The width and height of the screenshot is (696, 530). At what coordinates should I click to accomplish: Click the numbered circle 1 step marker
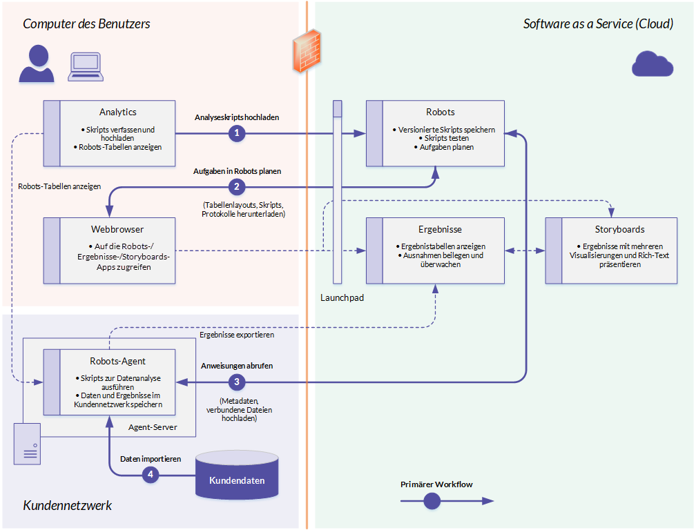point(237,133)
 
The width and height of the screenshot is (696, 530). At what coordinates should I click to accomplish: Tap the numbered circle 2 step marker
point(237,187)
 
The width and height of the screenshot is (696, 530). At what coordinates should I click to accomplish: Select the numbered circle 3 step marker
point(237,382)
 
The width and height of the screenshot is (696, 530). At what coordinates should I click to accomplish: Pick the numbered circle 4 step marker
point(151,475)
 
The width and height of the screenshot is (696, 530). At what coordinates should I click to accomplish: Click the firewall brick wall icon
point(307,51)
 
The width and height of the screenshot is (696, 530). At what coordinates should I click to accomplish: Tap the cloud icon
point(652,64)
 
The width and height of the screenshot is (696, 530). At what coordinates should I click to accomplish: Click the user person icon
point(37,64)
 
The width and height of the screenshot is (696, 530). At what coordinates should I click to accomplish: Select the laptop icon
point(86,67)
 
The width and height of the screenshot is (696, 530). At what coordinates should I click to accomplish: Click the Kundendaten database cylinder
point(237,475)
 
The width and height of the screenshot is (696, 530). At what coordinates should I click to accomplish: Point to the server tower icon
point(27,444)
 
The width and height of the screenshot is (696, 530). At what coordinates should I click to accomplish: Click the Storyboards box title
point(619,229)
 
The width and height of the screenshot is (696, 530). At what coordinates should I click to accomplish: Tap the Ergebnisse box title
point(440,229)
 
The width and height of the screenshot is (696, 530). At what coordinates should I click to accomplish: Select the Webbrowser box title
point(117,229)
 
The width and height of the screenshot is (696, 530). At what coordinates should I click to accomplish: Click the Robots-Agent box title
point(117,361)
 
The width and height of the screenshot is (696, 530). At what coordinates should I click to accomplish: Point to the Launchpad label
point(342,297)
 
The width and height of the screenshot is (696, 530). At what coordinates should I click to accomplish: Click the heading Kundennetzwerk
point(68,506)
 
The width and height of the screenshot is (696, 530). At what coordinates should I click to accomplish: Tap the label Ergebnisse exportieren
point(237,335)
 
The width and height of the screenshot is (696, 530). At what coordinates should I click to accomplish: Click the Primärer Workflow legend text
point(436,484)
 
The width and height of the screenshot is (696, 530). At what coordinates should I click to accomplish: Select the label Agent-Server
point(153,427)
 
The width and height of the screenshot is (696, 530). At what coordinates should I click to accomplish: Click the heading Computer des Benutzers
point(86,24)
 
